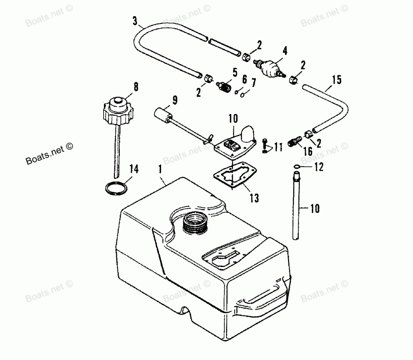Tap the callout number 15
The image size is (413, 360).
(337, 79)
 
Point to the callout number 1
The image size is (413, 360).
(160, 169)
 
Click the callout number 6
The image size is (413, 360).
(244, 79)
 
